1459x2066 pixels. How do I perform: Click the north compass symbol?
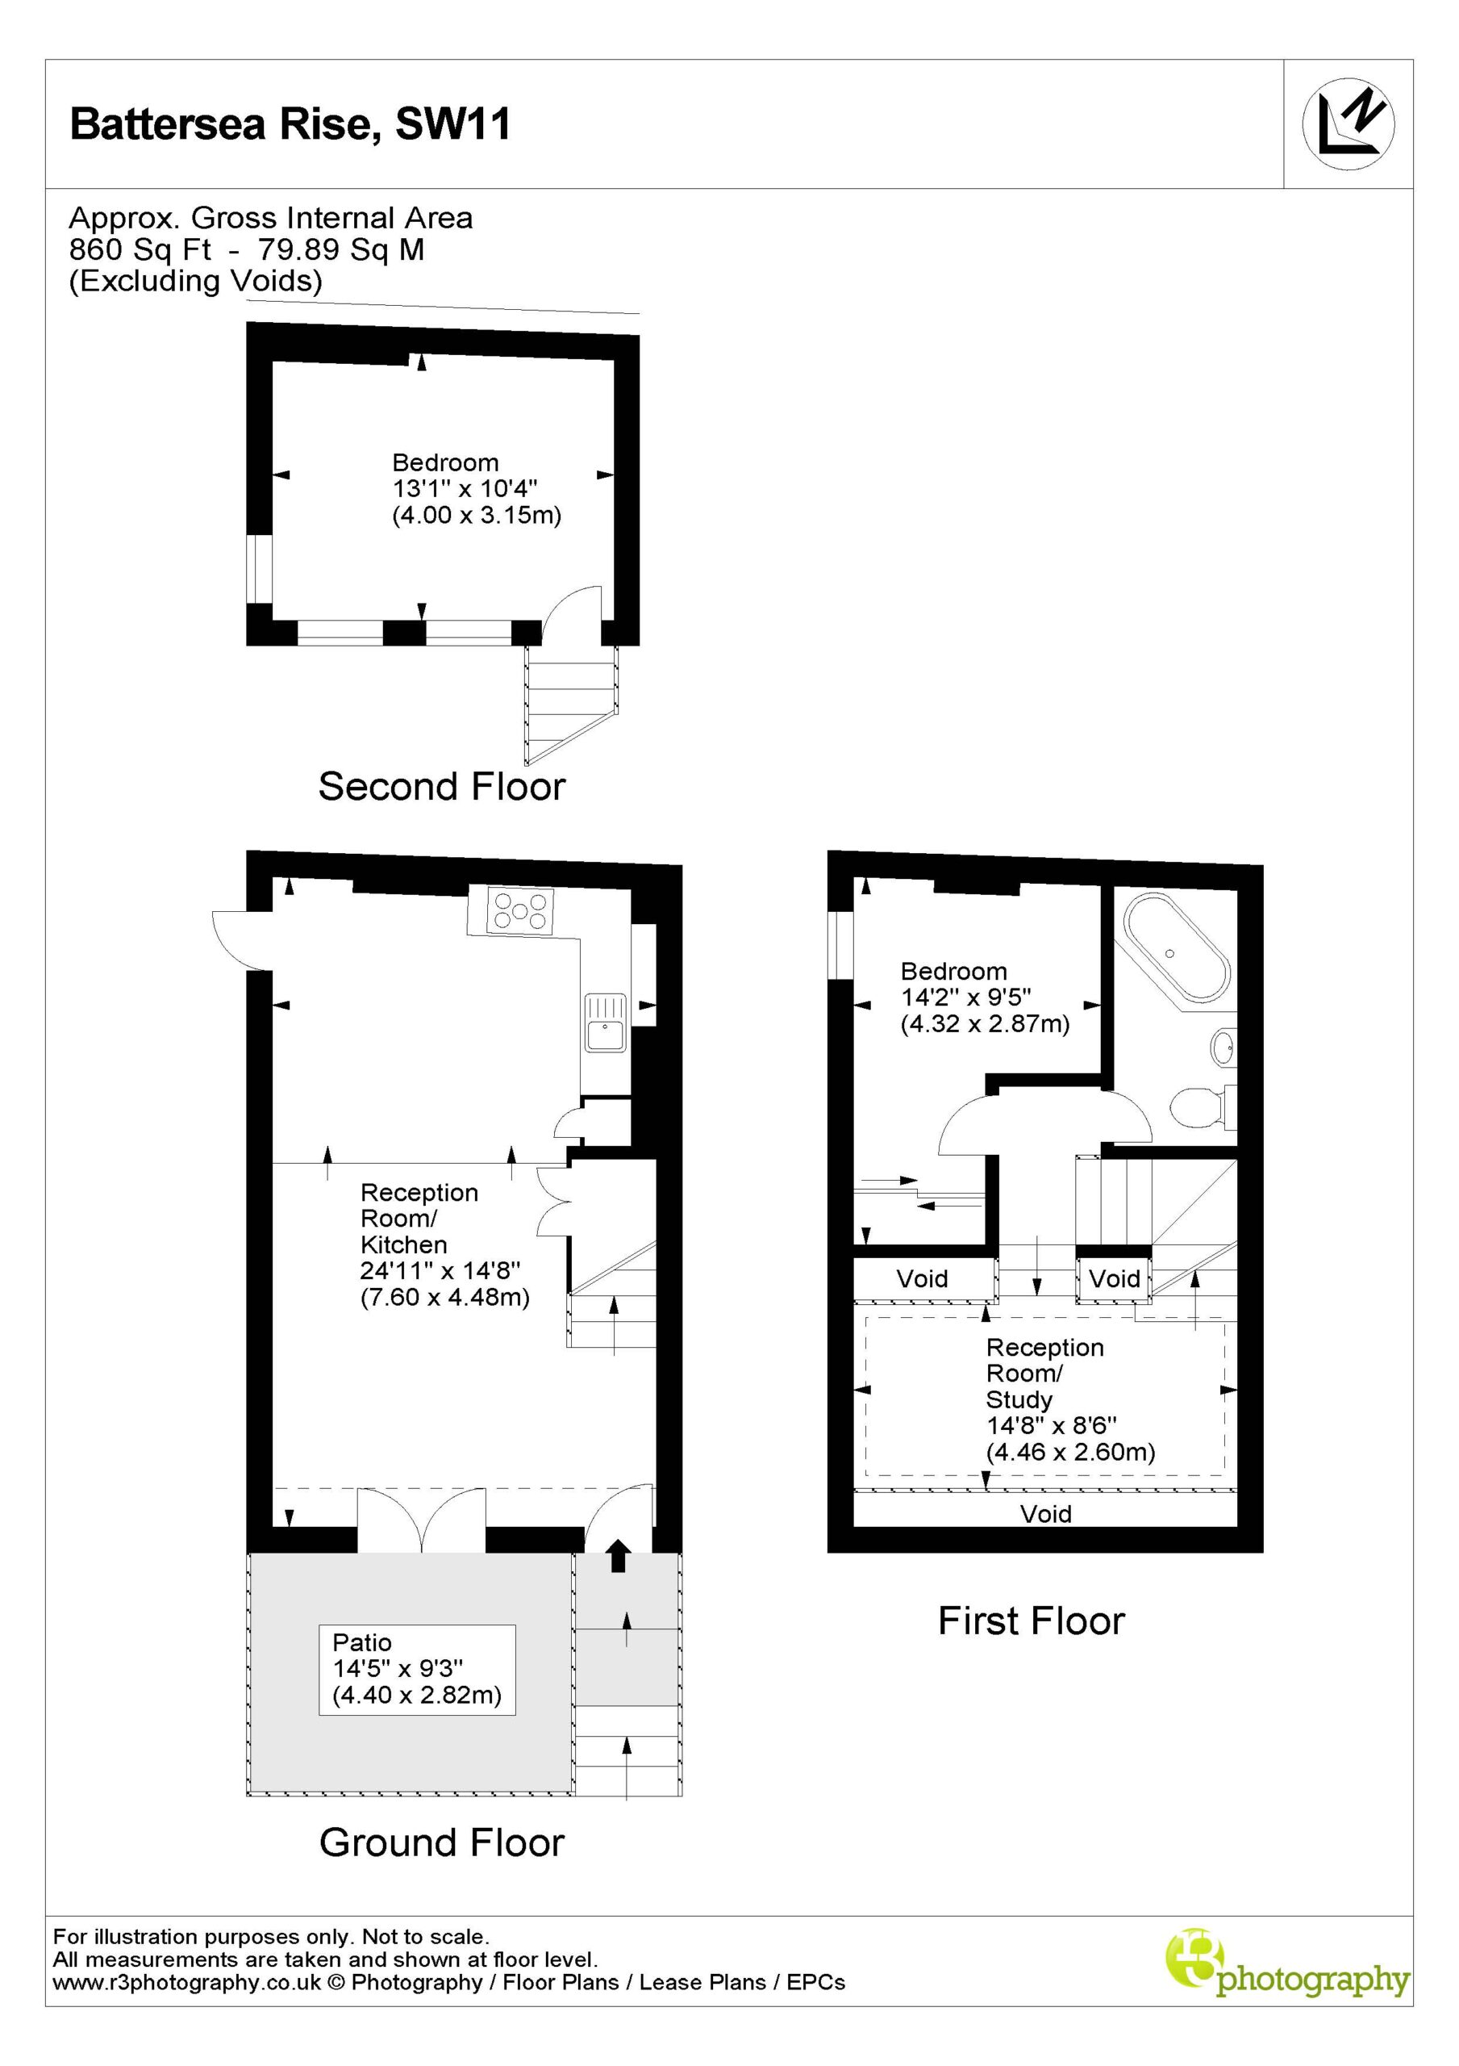pyautogui.click(x=1348, y=124)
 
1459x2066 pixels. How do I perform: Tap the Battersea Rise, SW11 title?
pyautogui.click(x=290, y=123)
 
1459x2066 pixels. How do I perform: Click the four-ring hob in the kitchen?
pyautogui.click(x=519, y=910)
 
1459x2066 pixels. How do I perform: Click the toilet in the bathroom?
pyautogui.click(x=1205, y=1106)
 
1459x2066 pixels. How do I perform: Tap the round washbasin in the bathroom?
pyautogui.click(x=1223, y=1048)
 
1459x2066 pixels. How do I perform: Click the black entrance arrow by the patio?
pyautogui.click(x=617, y=1555)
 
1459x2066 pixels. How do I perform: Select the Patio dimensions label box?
pyautogui.click(x=416, y=1669)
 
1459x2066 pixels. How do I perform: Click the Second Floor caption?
pyautogui.click(x=442, y=786)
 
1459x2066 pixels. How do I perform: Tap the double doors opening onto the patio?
pyautogui.click(x=422, y=1520)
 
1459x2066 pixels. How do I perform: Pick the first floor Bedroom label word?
pyautogui.click(x=953, y=971)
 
